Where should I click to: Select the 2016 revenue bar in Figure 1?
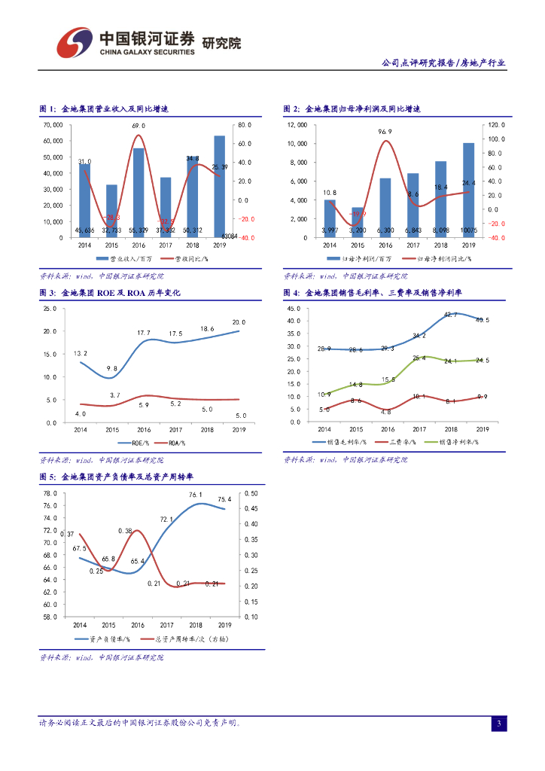click(x=139, y=193)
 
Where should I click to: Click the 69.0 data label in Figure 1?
click(x=139, y=126)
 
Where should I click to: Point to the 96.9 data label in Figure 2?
click(x=385, y=132)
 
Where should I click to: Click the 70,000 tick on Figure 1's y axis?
click(x=53, y=125)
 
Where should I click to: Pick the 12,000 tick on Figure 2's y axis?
click(x=297, y=125)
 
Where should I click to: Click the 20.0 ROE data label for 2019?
click(x=239, y=322)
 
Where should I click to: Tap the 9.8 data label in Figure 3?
click(x=112, y=368)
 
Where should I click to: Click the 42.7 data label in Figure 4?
click(x=451, y=315)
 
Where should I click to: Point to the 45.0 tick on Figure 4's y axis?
click(x=294, y=309)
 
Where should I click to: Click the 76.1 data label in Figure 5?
click(x=196, y=495)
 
